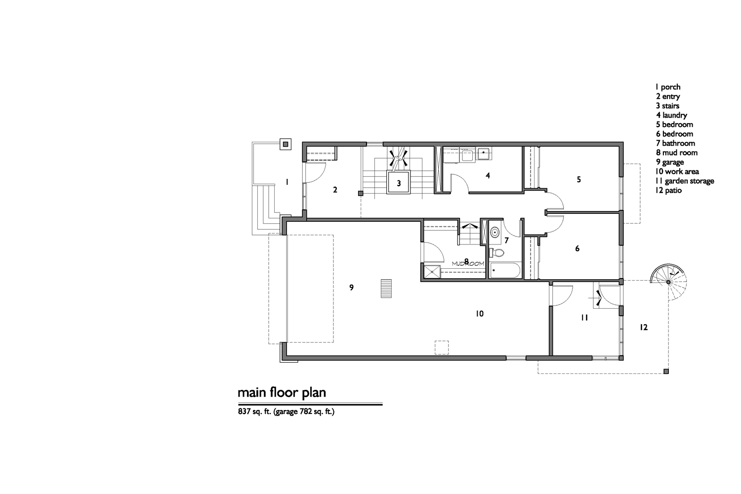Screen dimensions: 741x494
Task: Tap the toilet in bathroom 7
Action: [496, 253]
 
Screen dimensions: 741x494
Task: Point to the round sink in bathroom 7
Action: [494, 232]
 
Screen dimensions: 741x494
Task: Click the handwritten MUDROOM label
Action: [468, 264]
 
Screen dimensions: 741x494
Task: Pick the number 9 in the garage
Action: [351, 288]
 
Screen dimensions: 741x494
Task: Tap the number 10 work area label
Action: [480, 314]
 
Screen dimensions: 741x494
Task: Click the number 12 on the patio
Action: [643, 327]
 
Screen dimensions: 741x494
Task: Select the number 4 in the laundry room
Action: [488, 175]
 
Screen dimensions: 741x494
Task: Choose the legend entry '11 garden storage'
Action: [685, 181]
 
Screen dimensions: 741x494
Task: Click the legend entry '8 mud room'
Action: [677, 153]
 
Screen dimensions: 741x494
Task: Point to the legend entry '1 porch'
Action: [668, 87]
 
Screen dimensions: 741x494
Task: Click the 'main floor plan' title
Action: [282, 393]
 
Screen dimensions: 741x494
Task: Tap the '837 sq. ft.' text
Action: [254, 412]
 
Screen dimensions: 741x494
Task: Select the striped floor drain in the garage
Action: [386, 288]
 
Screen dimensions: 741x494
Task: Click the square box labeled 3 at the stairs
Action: [399, 182]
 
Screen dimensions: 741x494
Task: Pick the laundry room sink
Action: [484, 154]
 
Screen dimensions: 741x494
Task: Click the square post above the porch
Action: [286, 144]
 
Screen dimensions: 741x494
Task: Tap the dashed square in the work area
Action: [442, 348]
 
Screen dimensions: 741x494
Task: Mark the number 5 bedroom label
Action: [578, 179]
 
